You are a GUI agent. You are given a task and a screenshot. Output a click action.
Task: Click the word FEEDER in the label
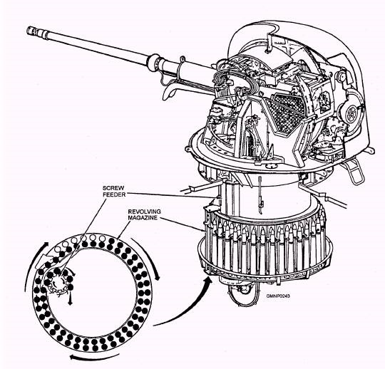pos(114,194)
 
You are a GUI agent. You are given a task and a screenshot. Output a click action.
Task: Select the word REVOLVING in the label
pos(144,212)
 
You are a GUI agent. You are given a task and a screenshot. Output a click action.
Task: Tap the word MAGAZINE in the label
pos(143,217)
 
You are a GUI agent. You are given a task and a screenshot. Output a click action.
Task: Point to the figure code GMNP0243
pos(278,296)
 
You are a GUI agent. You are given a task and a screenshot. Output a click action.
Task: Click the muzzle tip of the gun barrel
pos(28,31)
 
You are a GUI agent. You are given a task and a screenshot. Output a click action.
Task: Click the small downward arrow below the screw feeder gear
pos(70,298)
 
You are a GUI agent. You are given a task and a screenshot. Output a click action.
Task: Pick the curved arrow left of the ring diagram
pos(32,263)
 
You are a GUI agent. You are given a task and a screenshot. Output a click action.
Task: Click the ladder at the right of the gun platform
pos(354,170)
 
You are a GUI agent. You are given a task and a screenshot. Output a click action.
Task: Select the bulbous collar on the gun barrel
pos(154,62)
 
